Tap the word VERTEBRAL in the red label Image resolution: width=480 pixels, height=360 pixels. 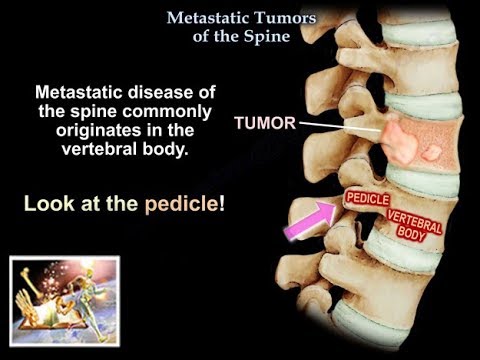point(410,218)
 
